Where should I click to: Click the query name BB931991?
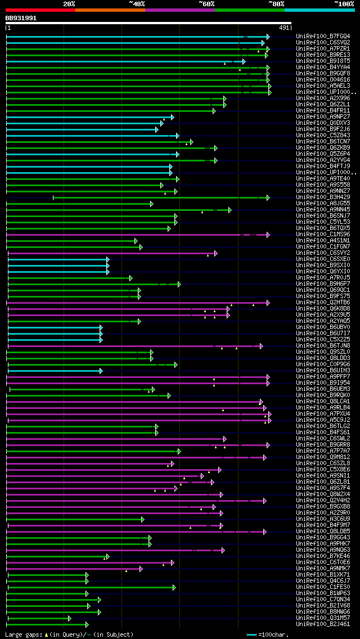(x=21, y=18)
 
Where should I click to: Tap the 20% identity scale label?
(x=69, y=3)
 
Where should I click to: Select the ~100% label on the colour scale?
(x=344, y=3)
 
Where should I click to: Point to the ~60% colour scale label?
(x=206, y=3)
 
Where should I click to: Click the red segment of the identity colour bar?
(x=40, y=10)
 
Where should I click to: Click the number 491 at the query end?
(x=284, y=28)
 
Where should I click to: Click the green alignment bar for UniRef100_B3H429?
(x=157, y=197)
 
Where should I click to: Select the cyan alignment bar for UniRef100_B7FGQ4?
(x=124, y=37)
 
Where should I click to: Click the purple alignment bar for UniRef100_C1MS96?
(x=124, y=235)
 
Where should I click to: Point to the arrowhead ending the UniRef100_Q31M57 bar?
(x=69, y=618)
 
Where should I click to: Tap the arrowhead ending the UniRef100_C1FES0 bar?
(x=174, y=587)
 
